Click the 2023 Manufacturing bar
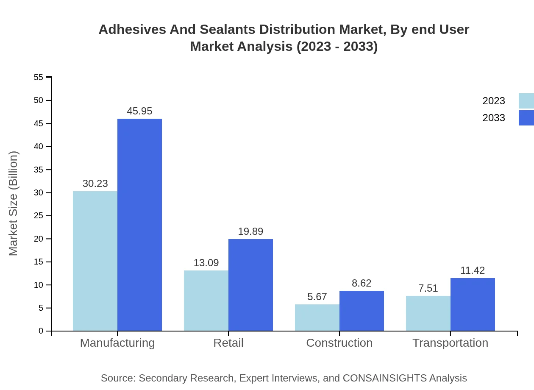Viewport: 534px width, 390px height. coord(95,261)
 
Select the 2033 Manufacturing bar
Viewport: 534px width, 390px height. coord(139,225)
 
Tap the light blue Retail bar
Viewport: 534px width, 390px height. coord(206,301)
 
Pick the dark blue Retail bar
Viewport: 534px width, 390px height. coord(250,285)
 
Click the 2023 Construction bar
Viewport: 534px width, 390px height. coord(317,318)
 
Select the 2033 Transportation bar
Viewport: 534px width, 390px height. coord(473,304)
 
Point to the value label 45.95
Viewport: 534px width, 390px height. coord(139,111)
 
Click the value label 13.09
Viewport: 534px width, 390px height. coord(206,263)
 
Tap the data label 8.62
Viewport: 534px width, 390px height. coord(362,283)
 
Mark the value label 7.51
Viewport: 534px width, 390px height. coord(428,288)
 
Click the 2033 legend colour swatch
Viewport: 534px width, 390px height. coord(526,118)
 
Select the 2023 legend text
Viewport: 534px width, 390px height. coord(494,101)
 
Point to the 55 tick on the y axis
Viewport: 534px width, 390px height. coord(39,77)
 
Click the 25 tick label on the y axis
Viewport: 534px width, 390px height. coord(39,216)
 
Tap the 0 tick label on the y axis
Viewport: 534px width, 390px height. coord(41,331)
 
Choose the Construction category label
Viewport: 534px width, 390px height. coord(339,343)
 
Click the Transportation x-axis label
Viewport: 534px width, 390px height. coord(450,343)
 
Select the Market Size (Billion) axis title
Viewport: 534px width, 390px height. coord(14,203)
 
